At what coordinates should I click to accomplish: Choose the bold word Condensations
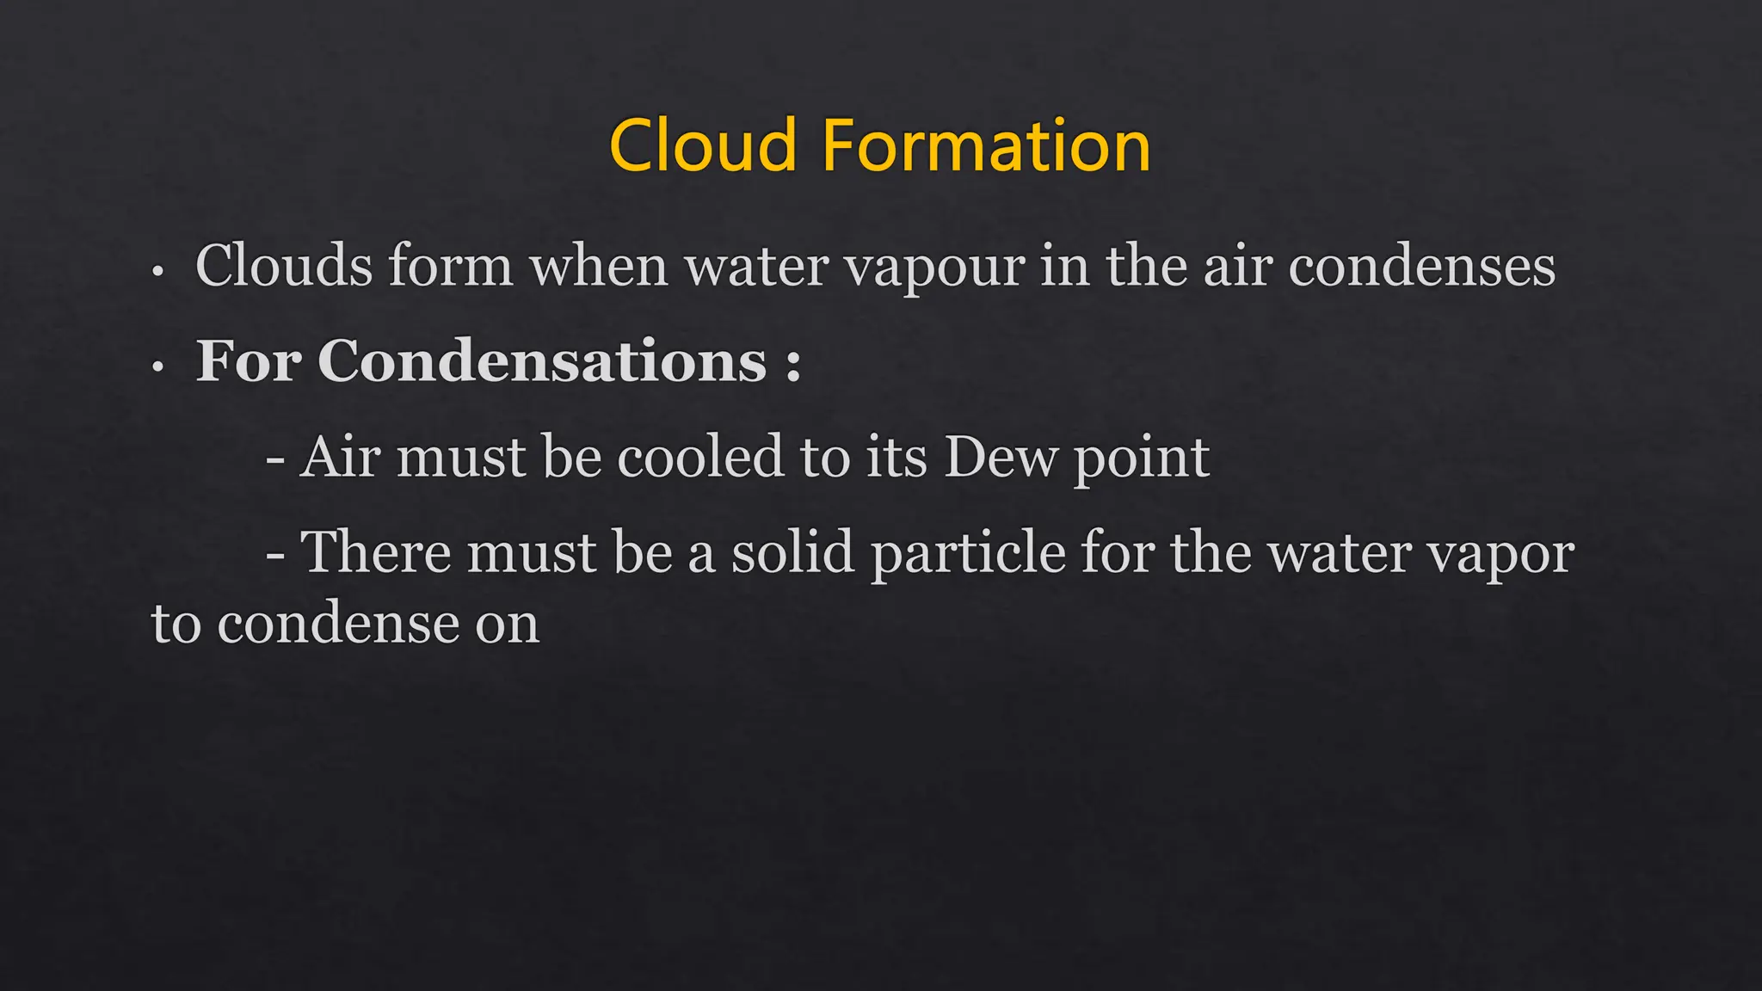tap(542, 360)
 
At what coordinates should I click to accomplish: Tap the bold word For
tap(249, 360)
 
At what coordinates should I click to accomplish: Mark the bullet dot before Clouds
tap(157, 272)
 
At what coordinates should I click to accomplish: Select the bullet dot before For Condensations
tap(157, 367)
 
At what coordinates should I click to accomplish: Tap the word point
tap(1142, 459)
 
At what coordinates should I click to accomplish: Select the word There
tap(375, 551)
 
